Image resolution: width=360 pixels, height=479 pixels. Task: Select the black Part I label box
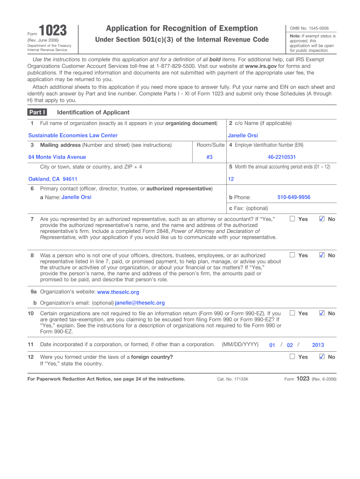(37, 112)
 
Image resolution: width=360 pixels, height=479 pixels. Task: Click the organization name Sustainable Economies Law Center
(73, 136)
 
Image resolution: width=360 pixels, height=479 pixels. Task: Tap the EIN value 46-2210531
(281, 157)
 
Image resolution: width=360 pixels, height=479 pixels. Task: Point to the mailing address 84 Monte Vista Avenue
(57, 157)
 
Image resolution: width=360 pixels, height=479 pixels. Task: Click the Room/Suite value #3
(209, 157)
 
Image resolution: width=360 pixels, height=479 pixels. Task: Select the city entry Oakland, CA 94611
(53, 179)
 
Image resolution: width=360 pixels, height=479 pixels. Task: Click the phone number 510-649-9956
(294, 197)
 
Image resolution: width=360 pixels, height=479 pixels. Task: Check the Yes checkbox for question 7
(292, 219)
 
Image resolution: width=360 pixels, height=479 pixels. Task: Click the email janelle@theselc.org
(140, 303)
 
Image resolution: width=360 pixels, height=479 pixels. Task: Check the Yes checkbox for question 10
(292, 313)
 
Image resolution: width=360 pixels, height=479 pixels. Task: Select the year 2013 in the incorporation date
(318, 345)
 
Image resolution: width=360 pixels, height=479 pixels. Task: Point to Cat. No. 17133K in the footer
(233, 379)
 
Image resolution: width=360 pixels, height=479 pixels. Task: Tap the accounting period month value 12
(231, 179)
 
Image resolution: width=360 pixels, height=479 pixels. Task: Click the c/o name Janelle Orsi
(243, 136)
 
